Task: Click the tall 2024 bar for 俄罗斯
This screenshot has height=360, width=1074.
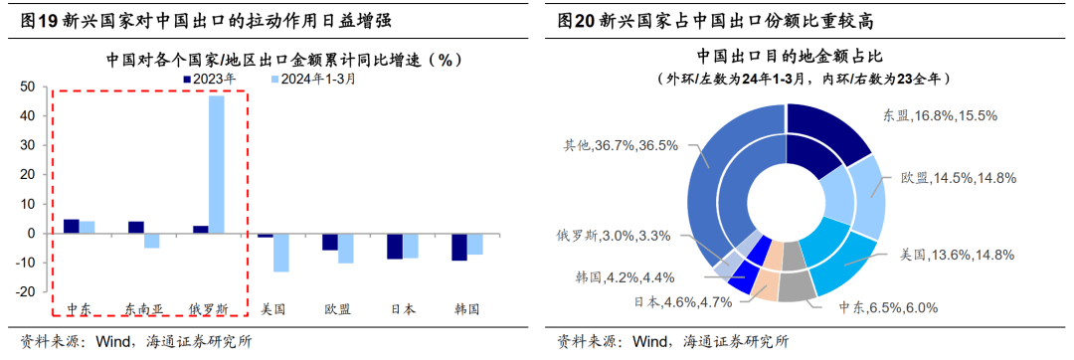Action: [x=216, y=164]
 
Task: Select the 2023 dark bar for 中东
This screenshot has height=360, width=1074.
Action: [x=71, y=227]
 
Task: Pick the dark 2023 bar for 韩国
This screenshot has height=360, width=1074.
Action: [x=458, y=247]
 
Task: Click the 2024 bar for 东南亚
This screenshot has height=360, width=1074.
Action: [x=151, y=241]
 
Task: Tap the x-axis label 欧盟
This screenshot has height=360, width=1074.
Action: [x=337, y=309]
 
